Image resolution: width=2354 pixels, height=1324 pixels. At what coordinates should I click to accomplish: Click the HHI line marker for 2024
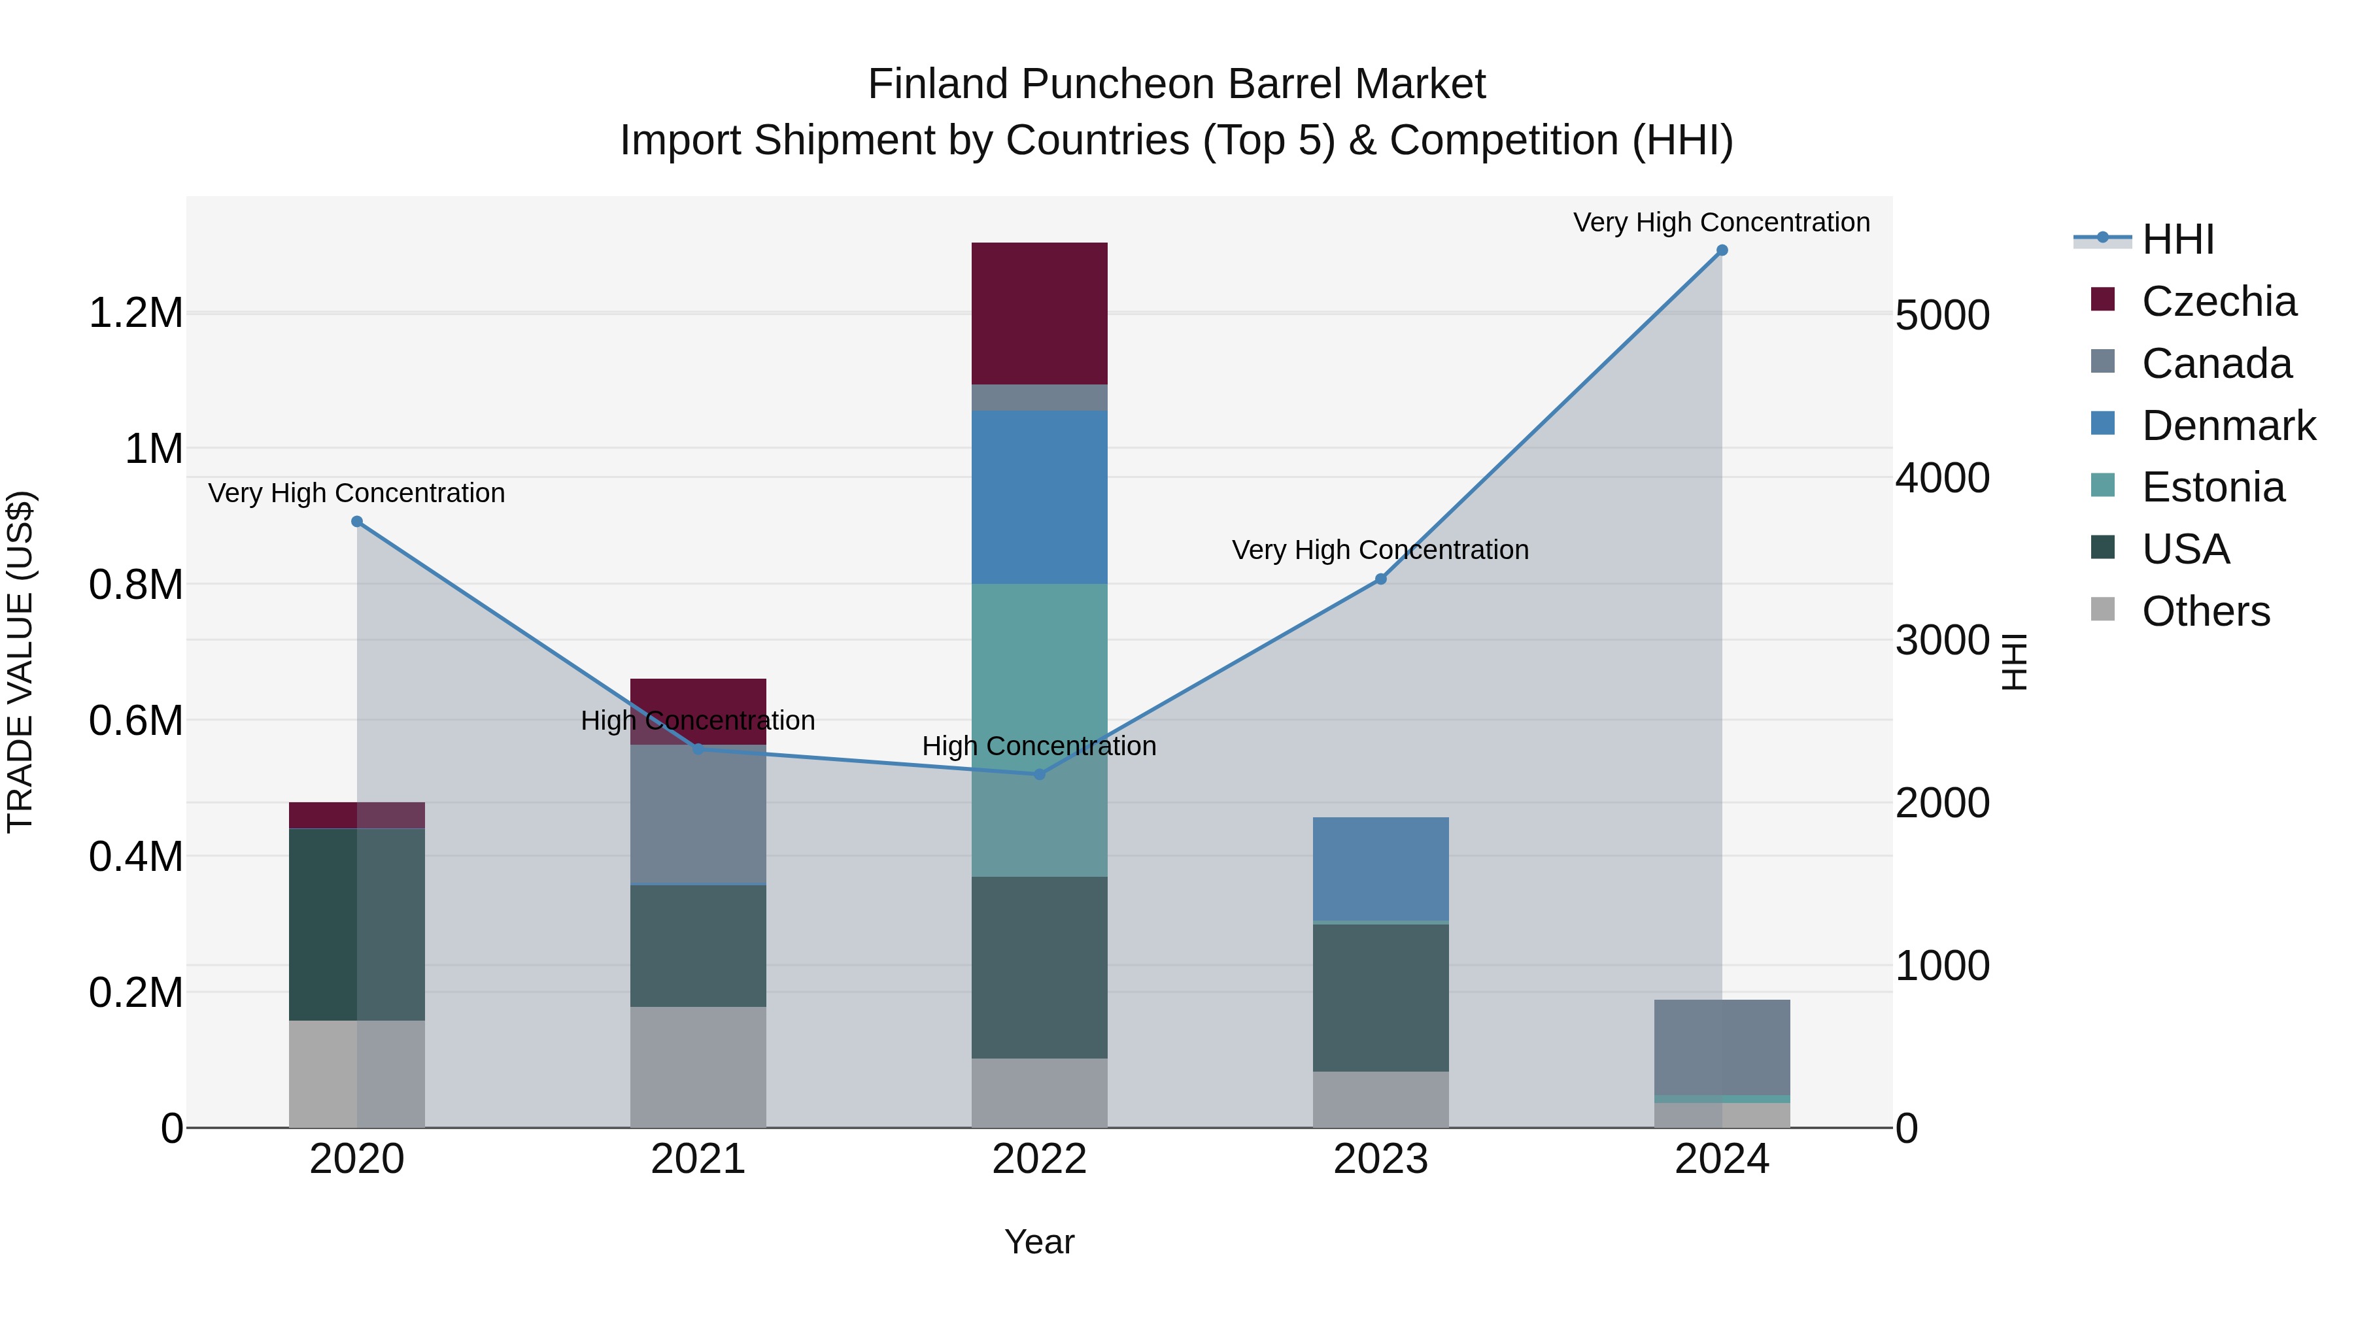click(x=1722, y=250)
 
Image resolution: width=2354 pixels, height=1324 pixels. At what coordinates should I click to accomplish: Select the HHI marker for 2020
click(x=357, y=522)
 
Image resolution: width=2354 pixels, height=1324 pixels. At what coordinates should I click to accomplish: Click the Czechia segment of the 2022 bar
click(x=1039, y=313)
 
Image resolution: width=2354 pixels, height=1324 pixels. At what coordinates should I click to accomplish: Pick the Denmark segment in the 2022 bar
click(x=1039, y=497)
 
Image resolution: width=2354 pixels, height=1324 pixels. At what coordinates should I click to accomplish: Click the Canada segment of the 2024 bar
click(x=1722, y=1047)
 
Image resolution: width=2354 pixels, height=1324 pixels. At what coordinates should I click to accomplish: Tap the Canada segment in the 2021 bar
click(x=698, y=814)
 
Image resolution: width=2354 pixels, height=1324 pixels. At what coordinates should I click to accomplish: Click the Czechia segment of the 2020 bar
click(x=357, y=815)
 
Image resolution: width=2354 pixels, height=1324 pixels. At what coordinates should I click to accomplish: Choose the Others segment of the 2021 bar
click(x=698, y=1067)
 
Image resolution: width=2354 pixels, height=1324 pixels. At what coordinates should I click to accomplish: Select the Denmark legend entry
click(x=2228, y=426)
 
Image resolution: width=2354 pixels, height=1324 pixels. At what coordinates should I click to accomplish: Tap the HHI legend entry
click(x=2177, y=239)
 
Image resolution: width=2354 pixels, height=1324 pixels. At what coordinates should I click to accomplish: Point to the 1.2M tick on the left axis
click(x=135, y=313)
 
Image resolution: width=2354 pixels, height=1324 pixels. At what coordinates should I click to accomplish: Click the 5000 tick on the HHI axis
click(x=1942, y=315)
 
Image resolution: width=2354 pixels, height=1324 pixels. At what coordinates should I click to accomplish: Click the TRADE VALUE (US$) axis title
click(x=20, y=662)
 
